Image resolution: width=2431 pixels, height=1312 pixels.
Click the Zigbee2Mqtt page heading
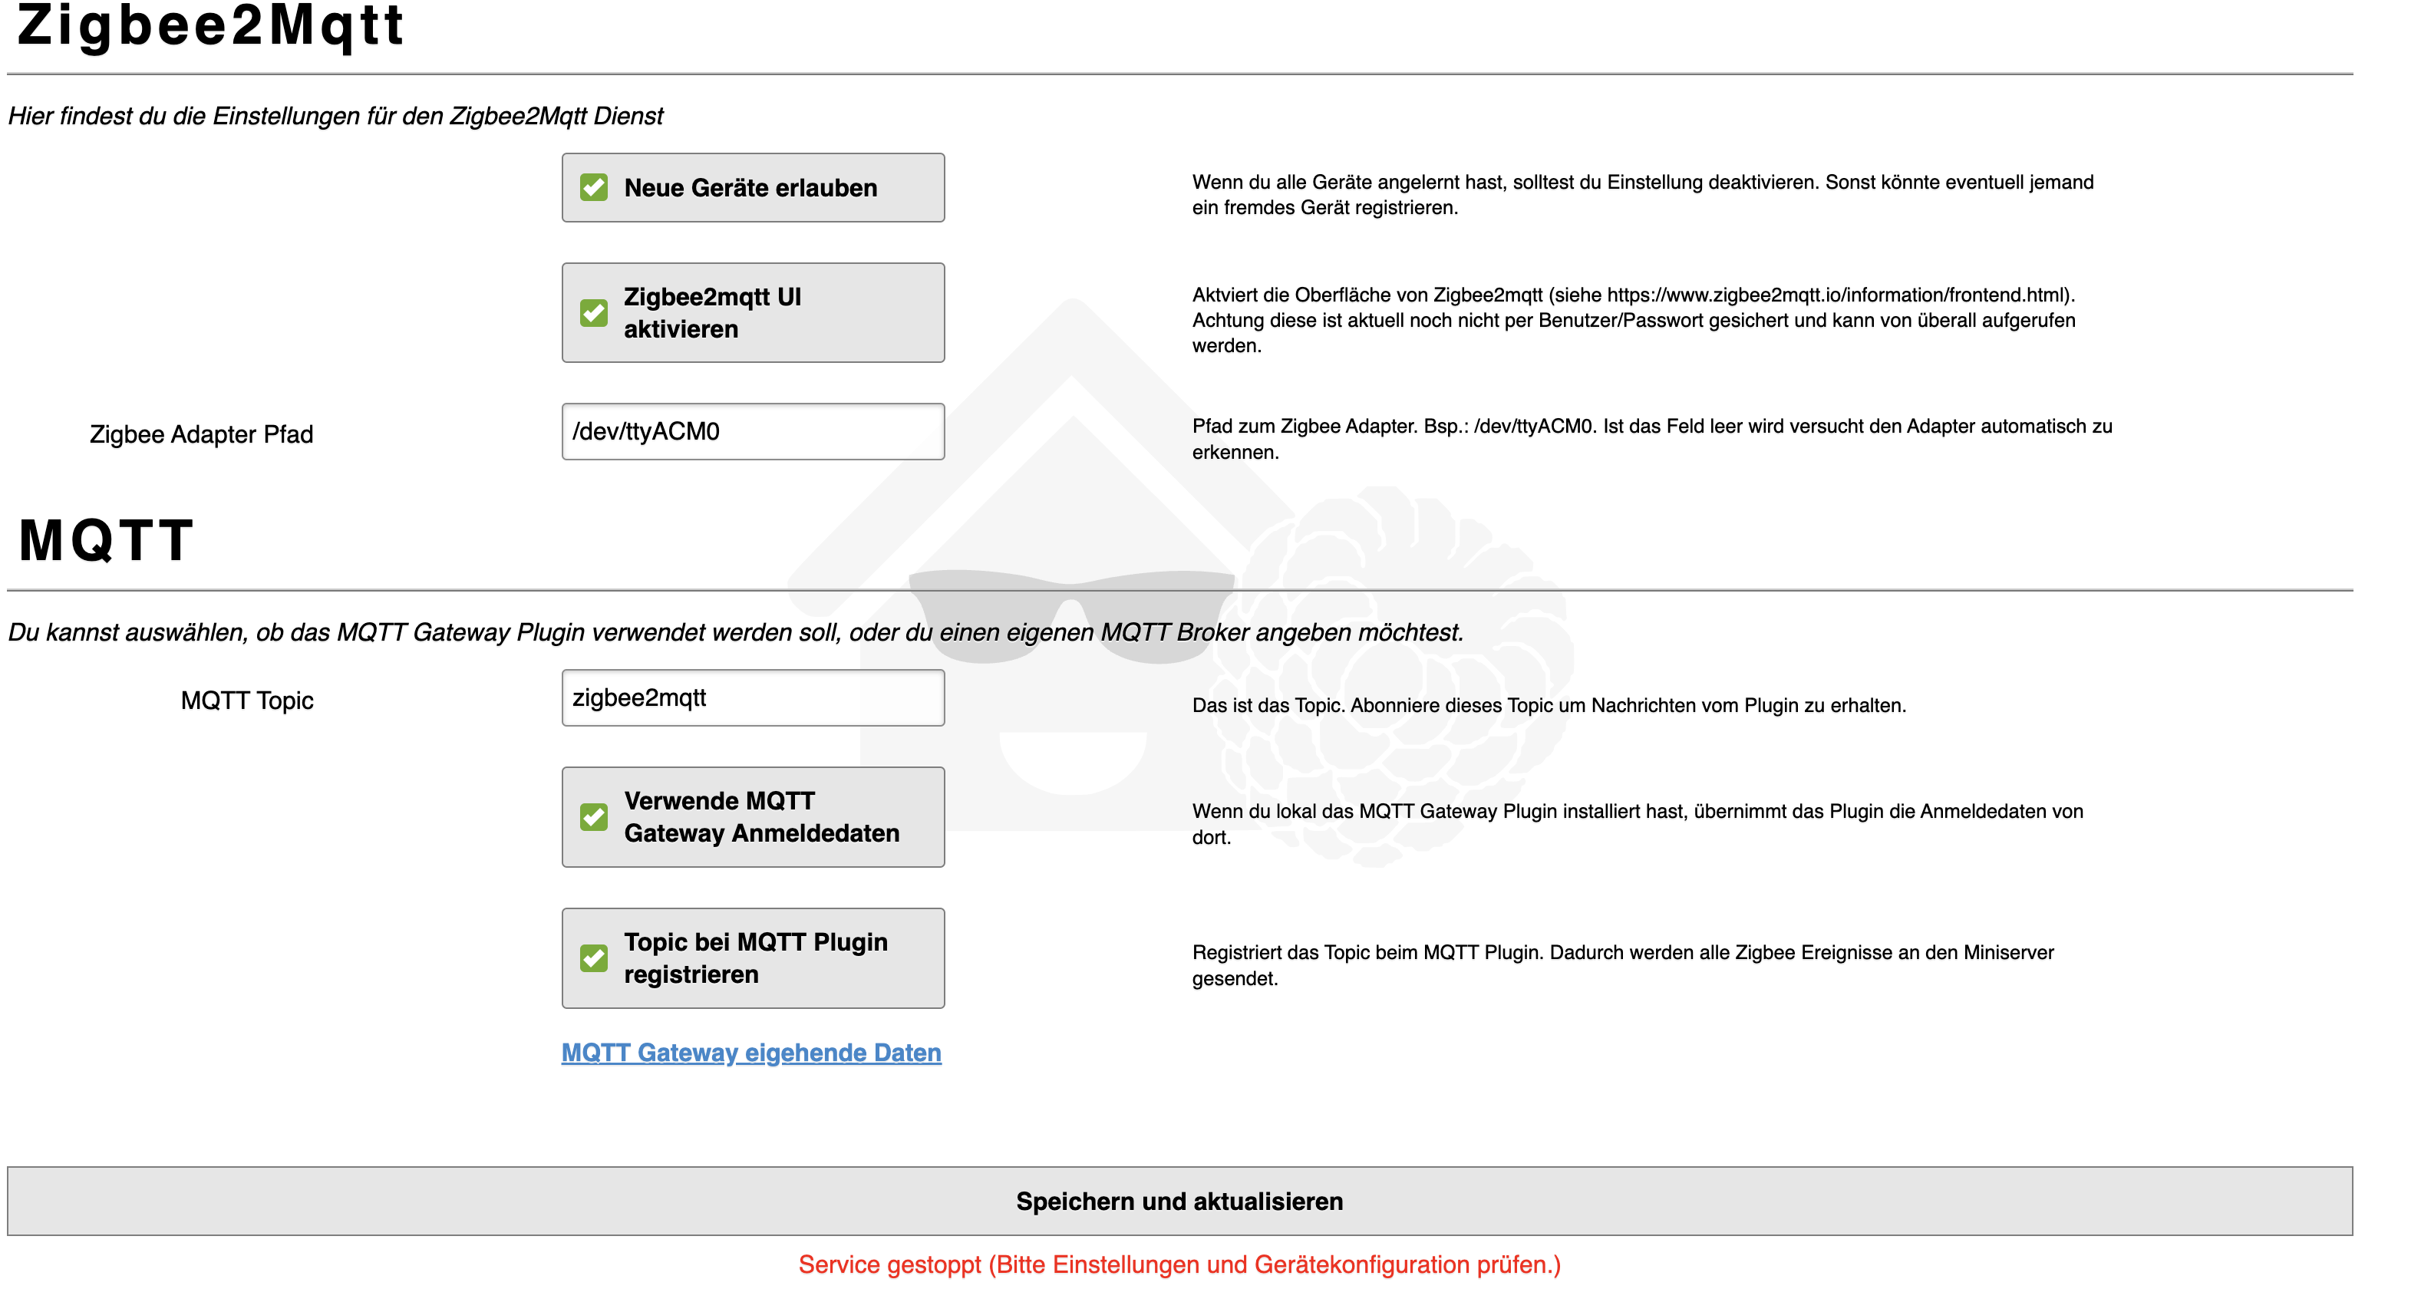click(x=210, y=25)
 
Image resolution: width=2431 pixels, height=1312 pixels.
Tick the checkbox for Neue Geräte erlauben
click(x=594, y=188)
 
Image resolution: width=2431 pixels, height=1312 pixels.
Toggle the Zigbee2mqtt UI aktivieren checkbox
click(x=594, y=312)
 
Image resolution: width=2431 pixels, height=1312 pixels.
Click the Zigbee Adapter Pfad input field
click(x=752, y=432)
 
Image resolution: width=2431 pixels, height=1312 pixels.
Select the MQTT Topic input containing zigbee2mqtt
click(x=752, y=698)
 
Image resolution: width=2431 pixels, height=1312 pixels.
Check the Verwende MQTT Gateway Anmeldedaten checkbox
click(x=594, y=817)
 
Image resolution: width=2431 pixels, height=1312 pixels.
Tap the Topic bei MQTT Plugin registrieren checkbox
click(x=594, y=959)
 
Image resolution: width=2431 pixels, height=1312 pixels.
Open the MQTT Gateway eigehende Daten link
click(x=751, y=1053)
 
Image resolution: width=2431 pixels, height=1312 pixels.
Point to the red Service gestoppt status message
click(x=1179, y=1264)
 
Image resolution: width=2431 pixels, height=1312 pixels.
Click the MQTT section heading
click(x=107, y=541)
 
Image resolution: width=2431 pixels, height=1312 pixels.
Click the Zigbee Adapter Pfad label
click(x=201, y=434)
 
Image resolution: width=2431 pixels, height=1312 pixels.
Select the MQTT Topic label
click(x=246, y=701)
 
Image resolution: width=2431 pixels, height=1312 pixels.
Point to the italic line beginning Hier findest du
click(x=335, y=116)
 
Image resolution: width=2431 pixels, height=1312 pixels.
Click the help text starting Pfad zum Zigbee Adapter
click(x=1651, y=439)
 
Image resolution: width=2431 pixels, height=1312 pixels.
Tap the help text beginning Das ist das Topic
click(x=1549, y=706)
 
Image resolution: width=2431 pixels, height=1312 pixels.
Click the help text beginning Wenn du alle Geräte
click(x=1642, y=194)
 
